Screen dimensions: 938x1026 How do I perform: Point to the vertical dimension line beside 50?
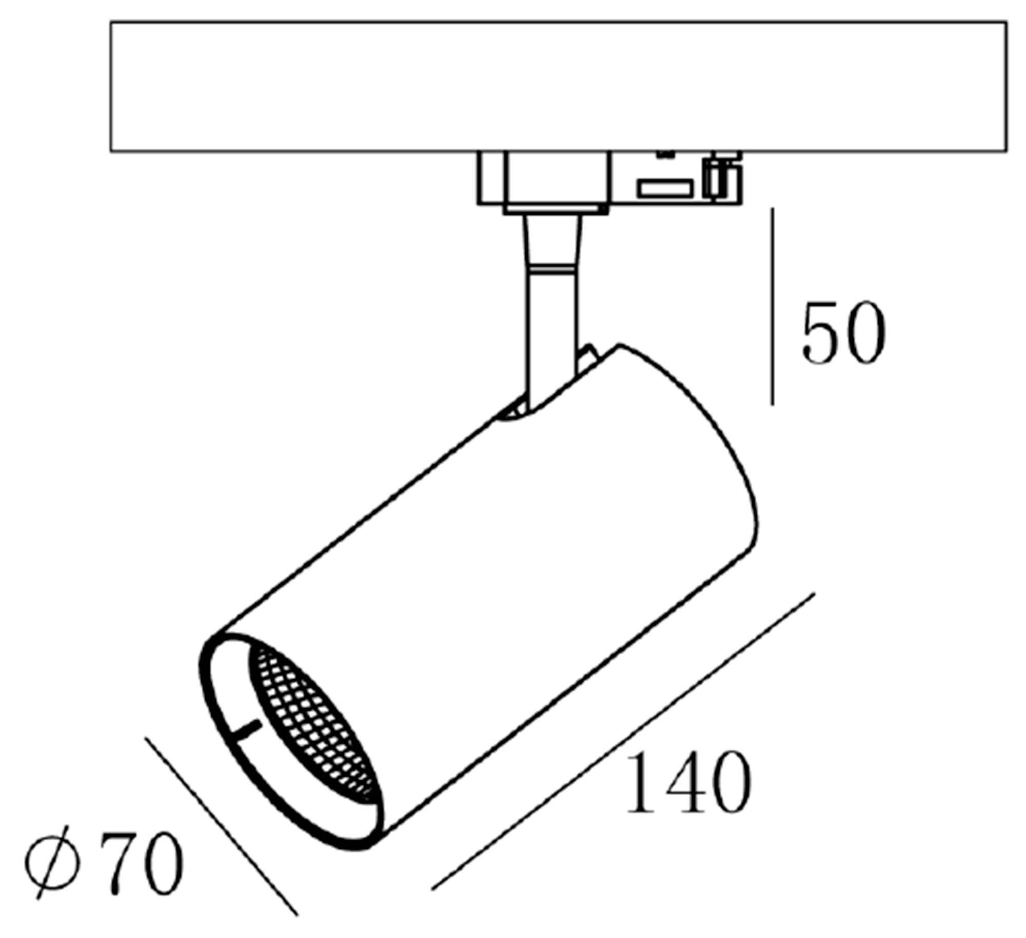tap(773, 308)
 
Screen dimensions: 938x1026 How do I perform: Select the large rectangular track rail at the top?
tap(558, 86)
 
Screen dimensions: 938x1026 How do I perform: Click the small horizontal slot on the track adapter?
tap(665, 188)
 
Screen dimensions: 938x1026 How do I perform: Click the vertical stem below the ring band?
tap(552, 329)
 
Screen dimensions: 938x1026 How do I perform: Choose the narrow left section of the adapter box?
tap(490, 178)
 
